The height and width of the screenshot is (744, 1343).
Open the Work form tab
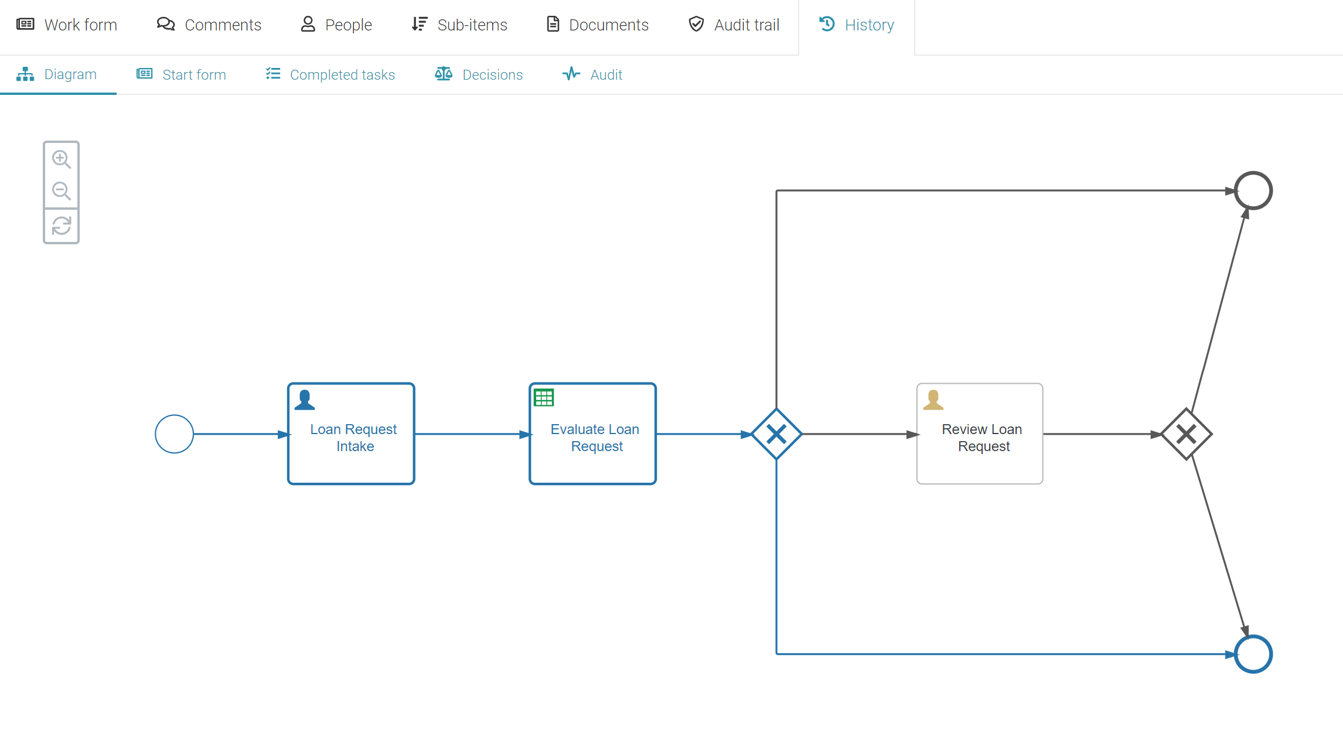[67, 25]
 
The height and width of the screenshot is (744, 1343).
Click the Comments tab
[209, 25]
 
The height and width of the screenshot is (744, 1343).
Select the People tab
[336, 25]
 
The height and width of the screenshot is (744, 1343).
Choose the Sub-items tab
[459, 25]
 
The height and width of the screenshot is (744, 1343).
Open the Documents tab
[597, 25]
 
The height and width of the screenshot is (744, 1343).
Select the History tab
[857, 25]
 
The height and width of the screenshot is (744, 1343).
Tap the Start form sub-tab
[181, 74]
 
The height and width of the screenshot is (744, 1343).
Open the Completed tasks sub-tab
[330, 74]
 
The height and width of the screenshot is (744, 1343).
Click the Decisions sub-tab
[479, 74]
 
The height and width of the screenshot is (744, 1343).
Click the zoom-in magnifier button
[61, 159]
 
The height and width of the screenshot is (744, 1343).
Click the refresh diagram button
[61, 226]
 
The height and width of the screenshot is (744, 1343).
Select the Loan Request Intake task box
[351, 434]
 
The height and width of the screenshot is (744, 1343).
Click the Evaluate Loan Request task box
[592, 434]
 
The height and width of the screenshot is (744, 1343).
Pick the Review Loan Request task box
[980, 434]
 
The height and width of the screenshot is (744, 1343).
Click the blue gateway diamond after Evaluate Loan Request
[776, 434]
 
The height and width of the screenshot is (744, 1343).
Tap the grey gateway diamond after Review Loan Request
[1187, 434]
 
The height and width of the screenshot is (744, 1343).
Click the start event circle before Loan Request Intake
[174, 434]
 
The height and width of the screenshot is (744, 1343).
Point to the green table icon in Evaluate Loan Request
[544, 398]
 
